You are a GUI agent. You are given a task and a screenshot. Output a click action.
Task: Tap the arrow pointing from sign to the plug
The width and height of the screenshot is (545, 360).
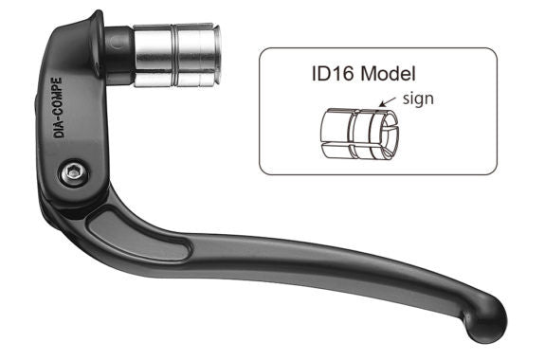(388, 103)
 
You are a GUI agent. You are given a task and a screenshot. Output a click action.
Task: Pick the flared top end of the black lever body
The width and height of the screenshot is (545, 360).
(96, 25)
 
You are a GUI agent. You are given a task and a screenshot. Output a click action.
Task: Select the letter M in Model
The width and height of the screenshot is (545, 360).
(372, 74)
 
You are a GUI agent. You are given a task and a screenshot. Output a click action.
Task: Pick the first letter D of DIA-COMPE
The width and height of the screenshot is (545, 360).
(59, 133)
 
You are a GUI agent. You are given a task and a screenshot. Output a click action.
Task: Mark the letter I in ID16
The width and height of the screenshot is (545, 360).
(314, 74)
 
